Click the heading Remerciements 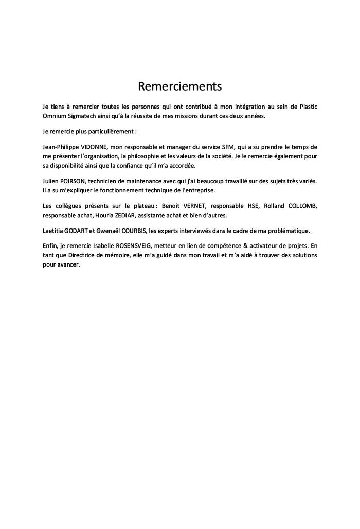click(179, 85)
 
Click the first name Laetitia click(53, 231)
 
